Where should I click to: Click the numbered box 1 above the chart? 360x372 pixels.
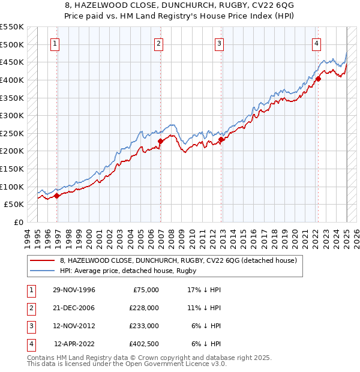[x=55, y=43]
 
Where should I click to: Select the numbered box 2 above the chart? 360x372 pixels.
[x=158, y=43]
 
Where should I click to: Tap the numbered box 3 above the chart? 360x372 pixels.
[x=219, y=43]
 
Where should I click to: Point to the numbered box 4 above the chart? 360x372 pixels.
[x=316, y=43]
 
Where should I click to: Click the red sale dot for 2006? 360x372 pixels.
[x=161, y=142]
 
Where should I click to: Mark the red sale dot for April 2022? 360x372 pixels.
[x=319, y=78]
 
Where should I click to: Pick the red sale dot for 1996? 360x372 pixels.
[x=56, y=195]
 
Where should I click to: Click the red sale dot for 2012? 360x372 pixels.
[x=221, y=139]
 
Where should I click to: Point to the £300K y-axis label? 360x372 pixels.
[x=12, y=115]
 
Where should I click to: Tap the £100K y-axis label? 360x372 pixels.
[x=12, y=187]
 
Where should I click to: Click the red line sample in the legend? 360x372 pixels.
[x=43, y=260]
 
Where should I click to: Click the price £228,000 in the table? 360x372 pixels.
[x=145, y=308]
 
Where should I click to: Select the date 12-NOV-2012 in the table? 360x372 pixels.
[x=74, y=326]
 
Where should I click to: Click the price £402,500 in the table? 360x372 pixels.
[x=145, y=344]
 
